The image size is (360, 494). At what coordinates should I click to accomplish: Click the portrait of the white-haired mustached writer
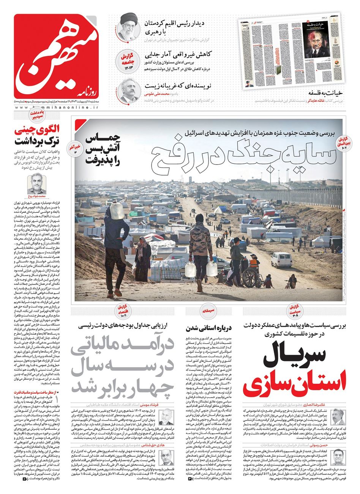[x=129, y=90]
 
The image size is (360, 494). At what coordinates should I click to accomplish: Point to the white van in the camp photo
[x=281, y=260]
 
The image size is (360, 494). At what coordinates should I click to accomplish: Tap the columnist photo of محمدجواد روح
[x=37, y=184]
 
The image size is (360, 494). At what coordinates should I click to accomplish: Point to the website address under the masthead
[x=57, y=108]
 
